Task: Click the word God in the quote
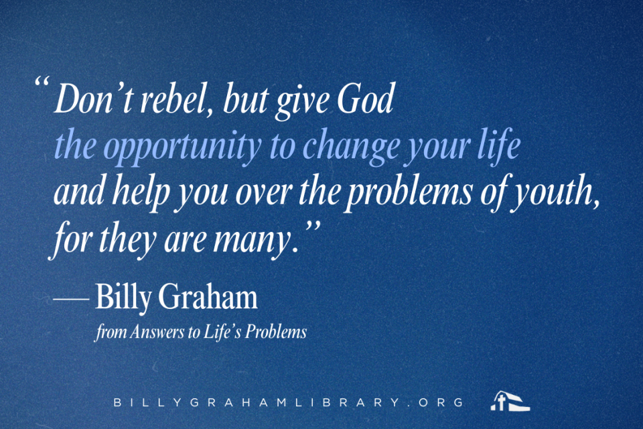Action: point(366,99)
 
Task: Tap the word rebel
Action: point(173,99)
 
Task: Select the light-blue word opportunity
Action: point(185,146)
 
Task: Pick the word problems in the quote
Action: point(409,192)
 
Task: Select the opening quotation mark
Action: point(42,81)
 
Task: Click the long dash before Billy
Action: point(71,299)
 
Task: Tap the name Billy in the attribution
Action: point(123,297)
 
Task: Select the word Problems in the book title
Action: point(276,332)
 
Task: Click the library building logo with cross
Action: point(510,401)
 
